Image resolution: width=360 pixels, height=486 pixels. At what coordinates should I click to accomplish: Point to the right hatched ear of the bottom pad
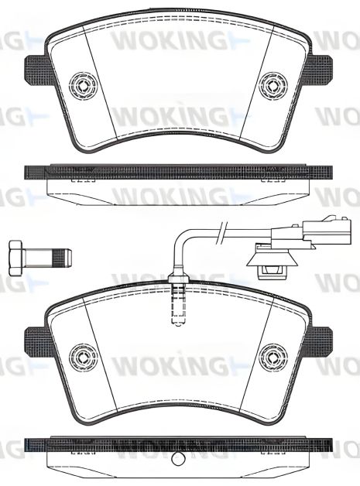[320, 338]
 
